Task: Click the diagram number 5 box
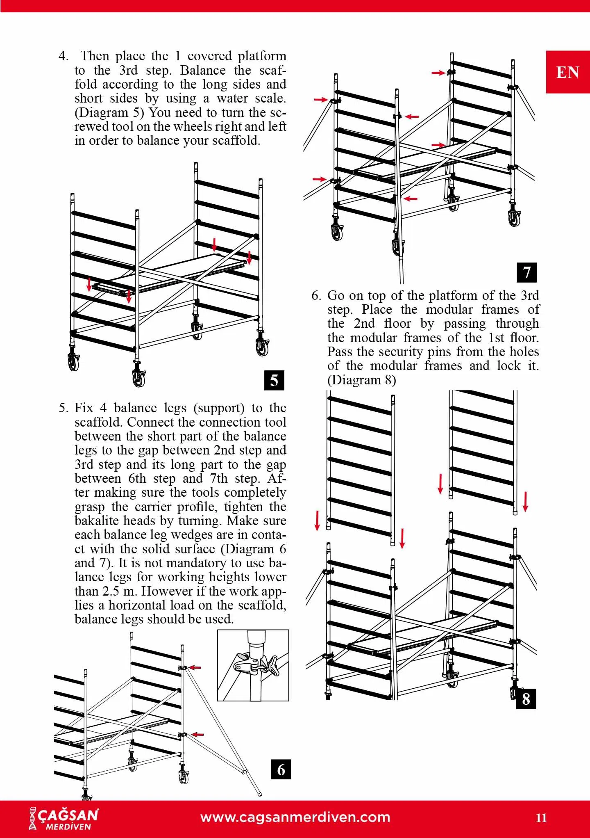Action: point(274,380)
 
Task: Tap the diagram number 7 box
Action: point(526,272)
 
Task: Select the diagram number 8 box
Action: point(526,699)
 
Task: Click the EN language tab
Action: point(567,72)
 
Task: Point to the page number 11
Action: point(541,818)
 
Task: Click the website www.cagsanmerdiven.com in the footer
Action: point(295,817)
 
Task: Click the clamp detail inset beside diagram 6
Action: point(253,665)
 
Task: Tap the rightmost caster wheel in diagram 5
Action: point(261,347)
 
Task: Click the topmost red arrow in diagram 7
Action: point(438,73)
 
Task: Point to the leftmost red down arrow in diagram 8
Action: point(317,520)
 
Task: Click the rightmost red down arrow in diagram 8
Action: point(526,501)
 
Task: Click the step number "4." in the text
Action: point(64,56)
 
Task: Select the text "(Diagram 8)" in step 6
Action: point(361,380)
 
